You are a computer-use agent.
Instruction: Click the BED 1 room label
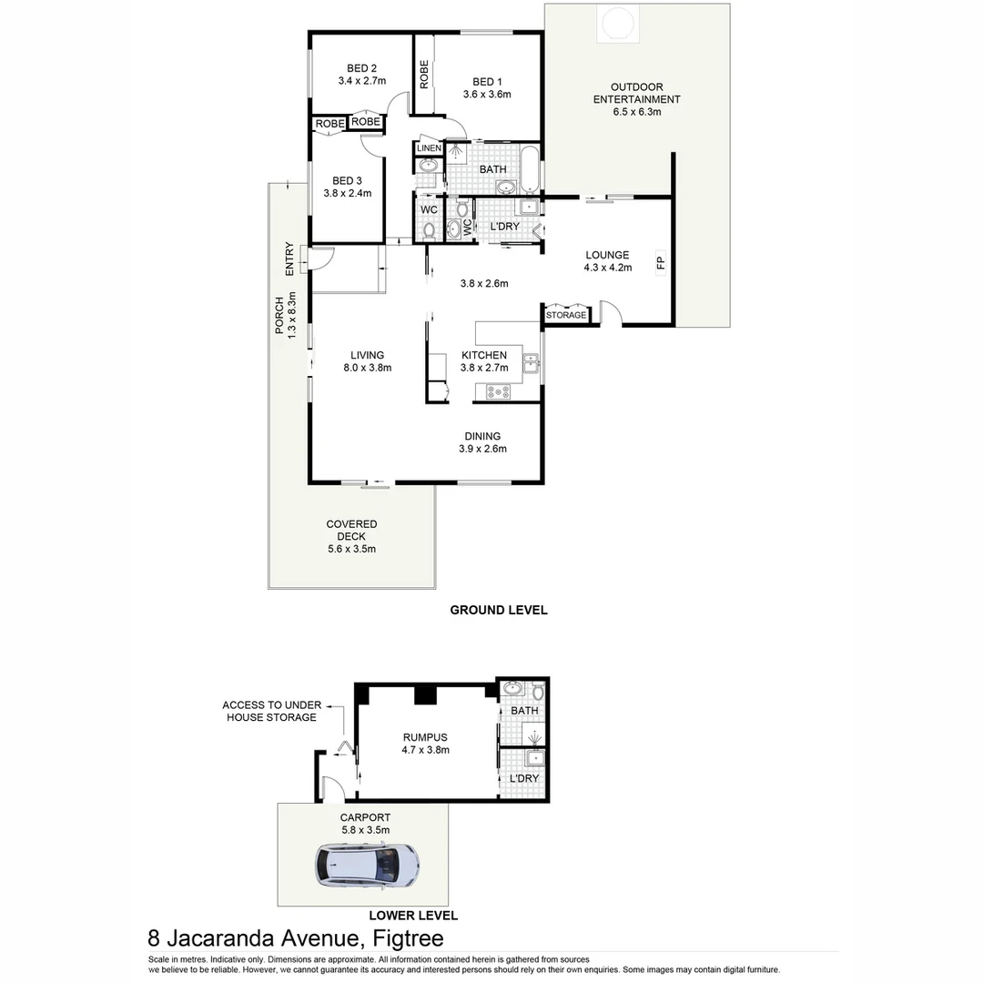[x=487, y=83]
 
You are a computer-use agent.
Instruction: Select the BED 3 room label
[x=347, y=180]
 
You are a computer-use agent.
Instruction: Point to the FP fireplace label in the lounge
[x=661, y=264]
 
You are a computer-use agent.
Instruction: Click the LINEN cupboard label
[x=429, y=148]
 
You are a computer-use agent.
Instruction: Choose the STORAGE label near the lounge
[x=566, y=315]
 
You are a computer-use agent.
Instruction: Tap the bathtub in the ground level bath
[x=531, y=169]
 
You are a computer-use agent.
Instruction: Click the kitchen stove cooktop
[x=498, y=392]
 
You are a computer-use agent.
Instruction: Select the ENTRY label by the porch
[x=289, y=258]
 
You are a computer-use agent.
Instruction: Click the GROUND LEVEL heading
[x=499, y=610]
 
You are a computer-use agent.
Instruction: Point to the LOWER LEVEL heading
[x=413, y=916]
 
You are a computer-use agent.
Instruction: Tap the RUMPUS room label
[x=426, y=737]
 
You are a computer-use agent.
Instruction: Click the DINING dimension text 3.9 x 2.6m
[x=482, y=449]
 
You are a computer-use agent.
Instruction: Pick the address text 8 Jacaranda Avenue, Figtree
[x=296, y=938]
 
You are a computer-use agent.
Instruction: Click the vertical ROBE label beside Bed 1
[x=424, y=74]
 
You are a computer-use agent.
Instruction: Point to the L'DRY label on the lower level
[x=524, y=779]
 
